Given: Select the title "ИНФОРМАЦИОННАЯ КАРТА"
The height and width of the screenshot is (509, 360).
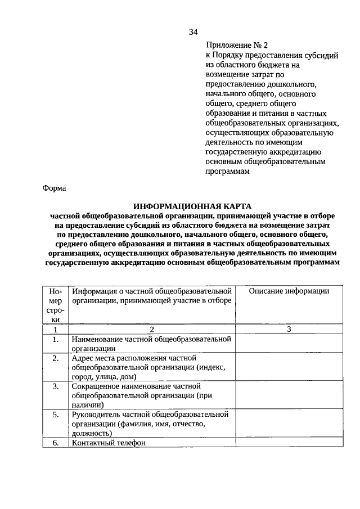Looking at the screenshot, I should coord(193,207).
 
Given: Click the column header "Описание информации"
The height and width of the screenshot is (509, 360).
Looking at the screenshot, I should coord(289,291).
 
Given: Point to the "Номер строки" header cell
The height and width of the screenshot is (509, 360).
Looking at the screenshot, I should coord(56,305).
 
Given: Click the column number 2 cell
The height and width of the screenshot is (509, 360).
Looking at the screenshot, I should coord(151,329).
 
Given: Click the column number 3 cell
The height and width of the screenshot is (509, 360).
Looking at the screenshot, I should coord(289,329).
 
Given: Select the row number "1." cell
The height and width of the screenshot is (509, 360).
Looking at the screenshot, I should coord(56,339).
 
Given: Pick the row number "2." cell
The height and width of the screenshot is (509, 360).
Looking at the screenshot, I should coord(56,358).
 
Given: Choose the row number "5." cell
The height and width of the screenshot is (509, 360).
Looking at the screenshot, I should coord(56,415).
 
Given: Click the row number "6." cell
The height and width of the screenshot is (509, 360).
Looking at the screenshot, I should coord(56,443).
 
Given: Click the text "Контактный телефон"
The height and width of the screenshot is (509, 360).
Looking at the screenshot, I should coord(108,443).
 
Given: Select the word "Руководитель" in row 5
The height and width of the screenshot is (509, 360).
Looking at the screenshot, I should coord(96,415).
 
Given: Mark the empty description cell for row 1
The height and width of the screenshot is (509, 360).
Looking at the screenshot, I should coord(289,343).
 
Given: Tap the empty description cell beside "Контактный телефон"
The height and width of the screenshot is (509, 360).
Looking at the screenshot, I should coord(289,443).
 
